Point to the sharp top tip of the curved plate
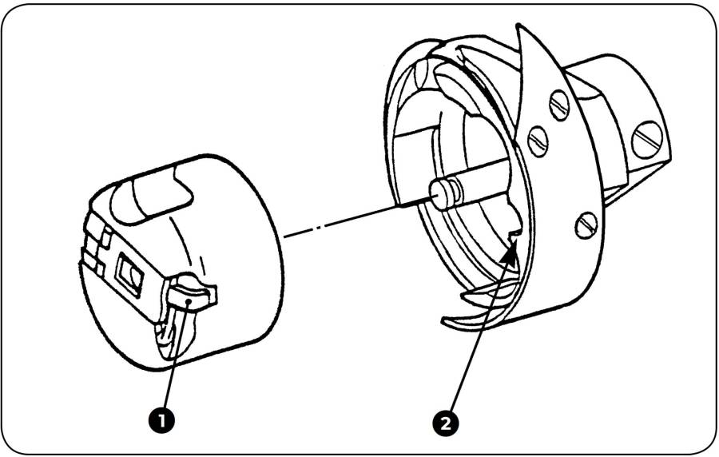tap(519, 28)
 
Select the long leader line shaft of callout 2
tap(479, 336)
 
